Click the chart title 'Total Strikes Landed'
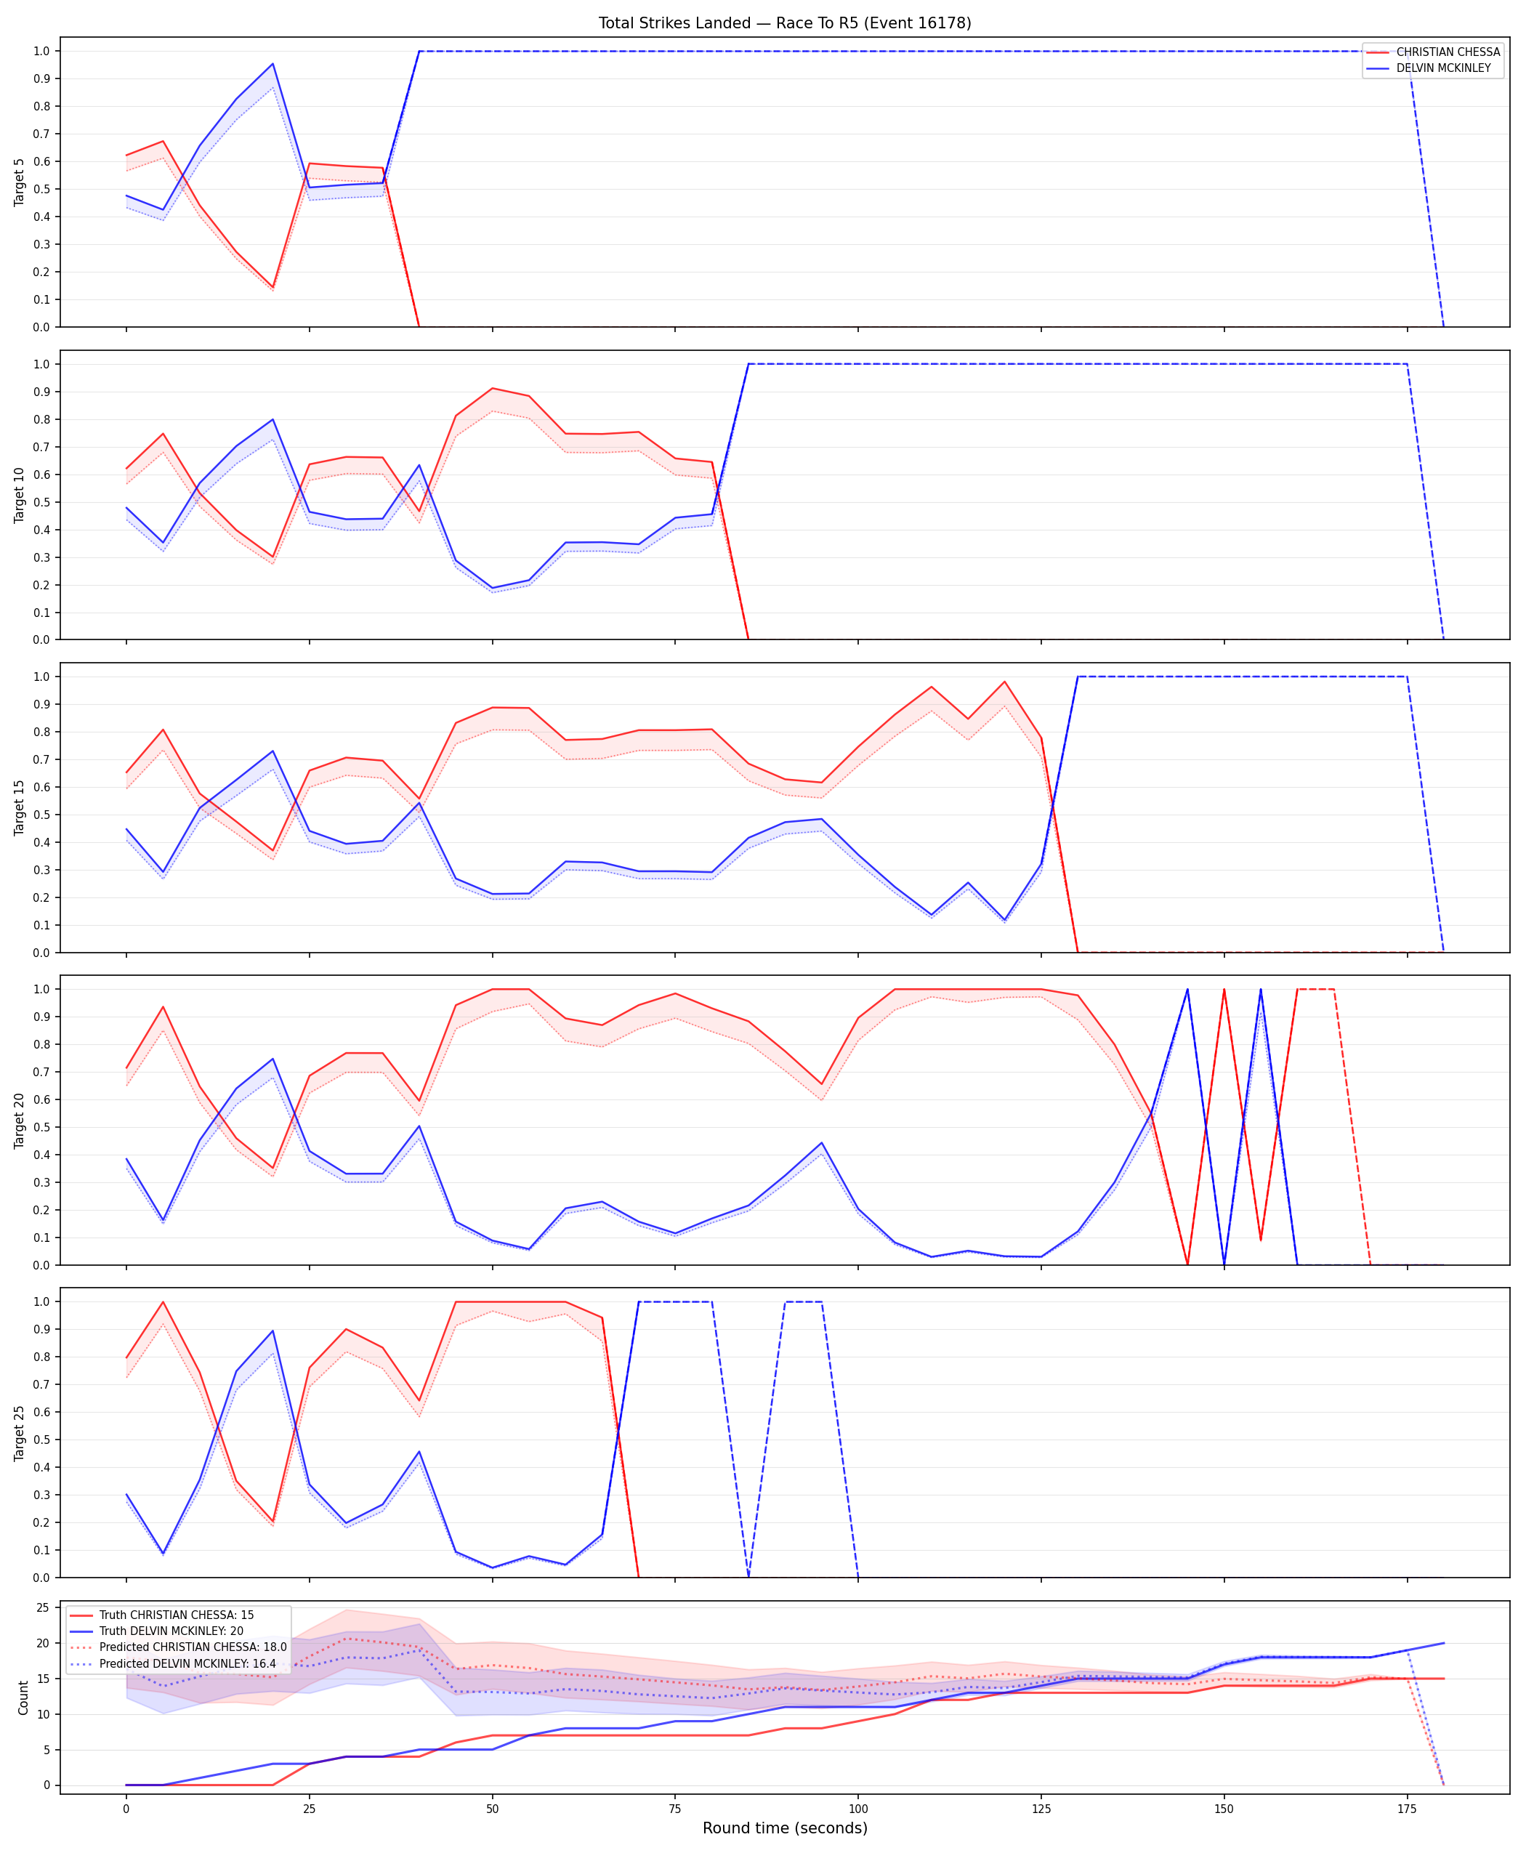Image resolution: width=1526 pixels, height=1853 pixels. click(674, 23)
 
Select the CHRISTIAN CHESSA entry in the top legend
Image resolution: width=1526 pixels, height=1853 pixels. click(1448, 52)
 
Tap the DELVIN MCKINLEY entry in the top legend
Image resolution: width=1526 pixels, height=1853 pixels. click(1443, 68)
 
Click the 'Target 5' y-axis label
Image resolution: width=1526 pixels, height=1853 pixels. click(20, 182)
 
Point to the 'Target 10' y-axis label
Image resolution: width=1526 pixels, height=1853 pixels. click(20, 495)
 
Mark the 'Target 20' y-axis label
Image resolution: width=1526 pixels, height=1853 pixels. click(20, 1120)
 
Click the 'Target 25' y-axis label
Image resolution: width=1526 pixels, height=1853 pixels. click(20, 1433)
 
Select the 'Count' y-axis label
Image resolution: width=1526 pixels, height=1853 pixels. click(23, 1697)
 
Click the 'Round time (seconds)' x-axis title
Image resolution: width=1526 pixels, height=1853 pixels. click(785, 1828)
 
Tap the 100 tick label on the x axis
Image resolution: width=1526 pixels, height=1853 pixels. click(858, 1809)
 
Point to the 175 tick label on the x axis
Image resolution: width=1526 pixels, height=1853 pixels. click(1408, 1809)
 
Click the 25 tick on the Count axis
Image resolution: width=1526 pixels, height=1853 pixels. click(42, 1607)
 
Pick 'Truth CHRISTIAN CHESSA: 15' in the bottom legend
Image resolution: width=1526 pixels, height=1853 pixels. click(177, 1615)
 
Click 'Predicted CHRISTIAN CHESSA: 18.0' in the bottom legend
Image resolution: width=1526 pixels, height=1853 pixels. click(193, 1647)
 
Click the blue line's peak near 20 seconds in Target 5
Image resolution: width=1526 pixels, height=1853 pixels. click(272, 63)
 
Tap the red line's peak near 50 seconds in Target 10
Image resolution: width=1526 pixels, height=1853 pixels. click(492, 387)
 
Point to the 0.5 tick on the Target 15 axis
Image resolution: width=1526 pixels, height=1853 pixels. click(41, 815)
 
